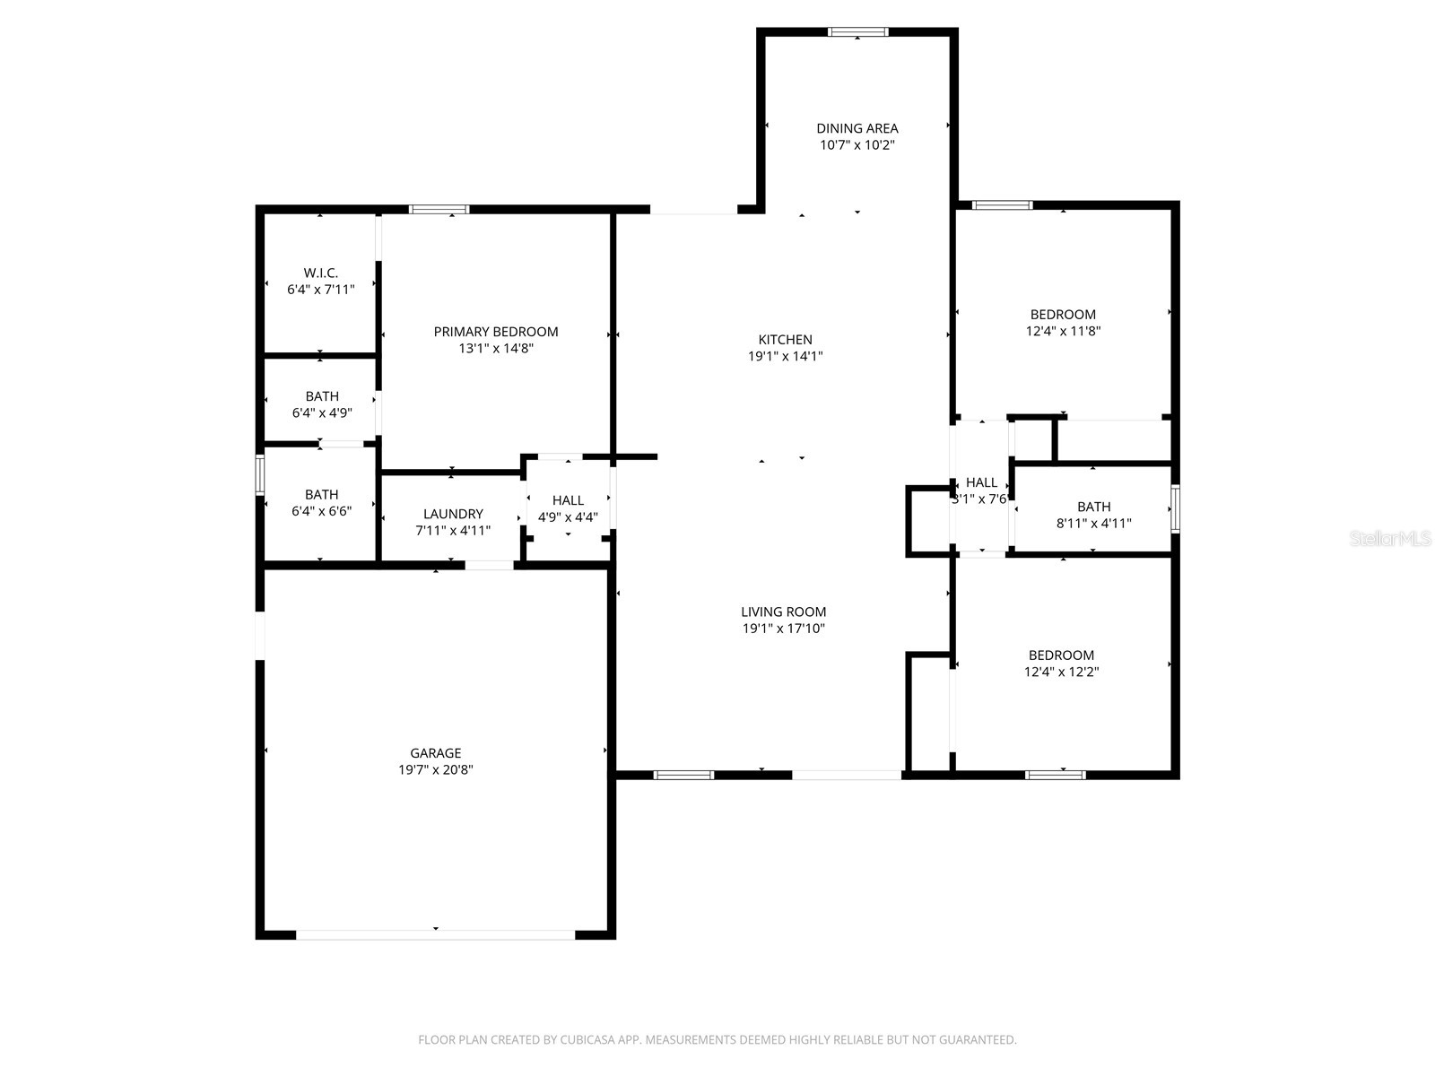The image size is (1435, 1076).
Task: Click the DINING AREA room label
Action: pyautogui.click(x=857, y=128)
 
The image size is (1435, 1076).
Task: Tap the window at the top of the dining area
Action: pyautogui.click(x=858, y=32)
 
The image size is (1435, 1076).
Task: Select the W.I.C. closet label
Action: pyautogui.click(x=320, y=273)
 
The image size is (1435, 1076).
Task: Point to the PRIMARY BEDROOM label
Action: pyautogui.click(x=496, y=332)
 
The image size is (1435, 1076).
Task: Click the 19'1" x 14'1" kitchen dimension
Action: pyautogui.click(x=785, y=356)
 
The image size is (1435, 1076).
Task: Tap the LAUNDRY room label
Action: pyautogui.click(x=453, y=514)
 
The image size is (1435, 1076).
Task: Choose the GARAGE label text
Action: pyautogui.click(x=436, y=753)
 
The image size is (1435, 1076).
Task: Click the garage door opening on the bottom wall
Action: pyautogui.click(x=436, y=934)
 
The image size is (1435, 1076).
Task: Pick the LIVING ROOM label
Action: pyautogui.click(x=783, y=612)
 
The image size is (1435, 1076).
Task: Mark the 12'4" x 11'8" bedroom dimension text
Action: pyautogui.click(x=1063, y=331)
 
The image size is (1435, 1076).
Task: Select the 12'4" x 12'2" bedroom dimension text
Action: pyautogui.click(x=1061, y=672)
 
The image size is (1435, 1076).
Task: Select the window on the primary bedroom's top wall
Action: pyautogui.click(x=439, y=210)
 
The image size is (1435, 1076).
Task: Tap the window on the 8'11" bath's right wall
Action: pyautogui.click(x=1175, y=508)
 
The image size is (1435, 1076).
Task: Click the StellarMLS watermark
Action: pyautogui.click(x=1390, y=539)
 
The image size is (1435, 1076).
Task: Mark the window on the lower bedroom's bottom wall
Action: pyautogui.click(x=1056, y=775)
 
